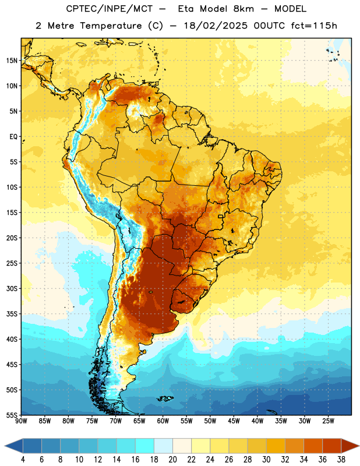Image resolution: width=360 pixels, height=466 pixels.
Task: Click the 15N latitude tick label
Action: pos(12,61)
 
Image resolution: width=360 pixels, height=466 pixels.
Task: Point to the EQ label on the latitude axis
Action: pos(13,137)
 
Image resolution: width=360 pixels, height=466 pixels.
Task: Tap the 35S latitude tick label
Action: pos(12,314)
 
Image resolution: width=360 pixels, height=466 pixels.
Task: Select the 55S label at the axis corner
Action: pos(12,415)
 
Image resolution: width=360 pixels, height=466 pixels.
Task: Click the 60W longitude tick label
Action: pos(163,421)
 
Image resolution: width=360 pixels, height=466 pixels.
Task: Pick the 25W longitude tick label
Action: pos(328,421)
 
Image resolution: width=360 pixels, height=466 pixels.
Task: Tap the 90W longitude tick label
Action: pos(21,421)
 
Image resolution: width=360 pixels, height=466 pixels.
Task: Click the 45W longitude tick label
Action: pos(234,421)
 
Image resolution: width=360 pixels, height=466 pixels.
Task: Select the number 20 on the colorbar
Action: pos(172,460)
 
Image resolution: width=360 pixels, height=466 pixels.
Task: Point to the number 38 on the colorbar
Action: pos(341,460)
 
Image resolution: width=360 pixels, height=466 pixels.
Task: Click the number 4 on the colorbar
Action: pos(23,460)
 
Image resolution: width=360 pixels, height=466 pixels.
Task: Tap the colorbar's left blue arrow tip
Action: pos(5,446)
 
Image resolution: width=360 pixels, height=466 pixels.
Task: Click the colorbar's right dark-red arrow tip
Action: pos(359,446)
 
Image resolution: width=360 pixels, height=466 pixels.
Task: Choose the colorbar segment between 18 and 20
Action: pos(163,446)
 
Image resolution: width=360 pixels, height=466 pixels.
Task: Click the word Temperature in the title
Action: pos(111,26)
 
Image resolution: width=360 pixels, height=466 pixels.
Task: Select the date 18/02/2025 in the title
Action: pos(216,26)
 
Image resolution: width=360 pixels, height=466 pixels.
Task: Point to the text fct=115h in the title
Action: pos(314,26)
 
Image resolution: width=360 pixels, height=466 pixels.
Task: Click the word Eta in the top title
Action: pos(186,9)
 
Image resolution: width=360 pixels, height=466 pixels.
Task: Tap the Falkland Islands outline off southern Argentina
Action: pos(165,398)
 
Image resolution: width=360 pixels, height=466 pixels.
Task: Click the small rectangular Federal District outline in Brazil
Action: pos(221,216)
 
